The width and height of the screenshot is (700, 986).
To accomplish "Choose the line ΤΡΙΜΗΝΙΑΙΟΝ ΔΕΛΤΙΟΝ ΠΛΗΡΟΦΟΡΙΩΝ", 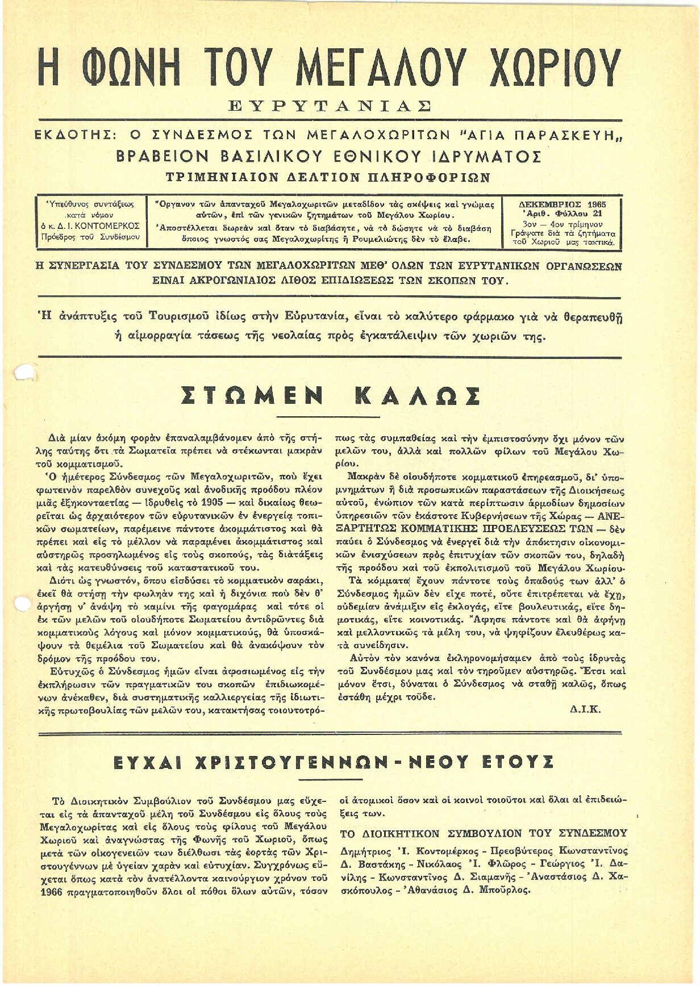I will coord(328,177).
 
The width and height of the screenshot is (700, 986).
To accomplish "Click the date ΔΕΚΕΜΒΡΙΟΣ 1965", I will coord(562,204).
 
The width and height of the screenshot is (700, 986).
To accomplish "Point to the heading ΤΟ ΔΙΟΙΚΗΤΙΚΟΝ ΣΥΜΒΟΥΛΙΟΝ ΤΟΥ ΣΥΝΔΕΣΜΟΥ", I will coord(484,834).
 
